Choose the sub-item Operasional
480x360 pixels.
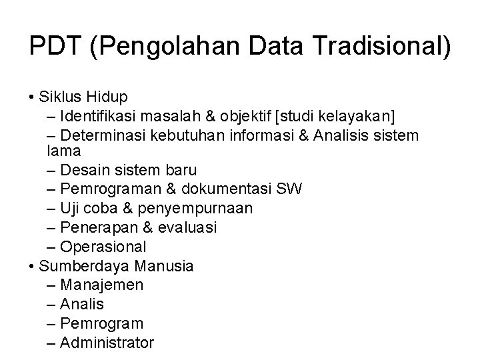(x=103, y=247)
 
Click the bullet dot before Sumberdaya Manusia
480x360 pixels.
(x=33, y=267)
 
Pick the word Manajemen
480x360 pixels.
(x=101, y=285)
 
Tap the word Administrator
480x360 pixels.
(x=107, y=343)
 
